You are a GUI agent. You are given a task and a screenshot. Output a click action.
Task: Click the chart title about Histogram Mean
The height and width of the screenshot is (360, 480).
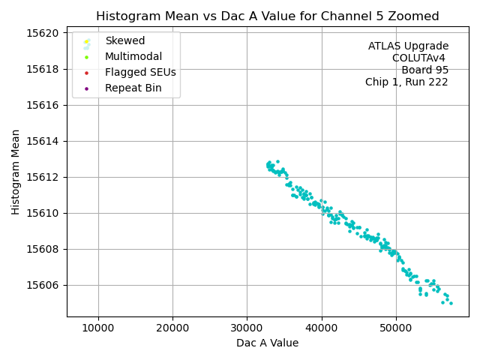click(x=267, y=16)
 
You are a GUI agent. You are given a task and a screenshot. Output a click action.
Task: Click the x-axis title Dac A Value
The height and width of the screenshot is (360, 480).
click(x=267, y=343)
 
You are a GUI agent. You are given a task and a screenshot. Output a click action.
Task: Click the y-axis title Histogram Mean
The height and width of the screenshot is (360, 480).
click(x=16, y=172)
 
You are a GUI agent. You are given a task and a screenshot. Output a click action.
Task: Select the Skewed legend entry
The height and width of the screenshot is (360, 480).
click(x=124, y=40)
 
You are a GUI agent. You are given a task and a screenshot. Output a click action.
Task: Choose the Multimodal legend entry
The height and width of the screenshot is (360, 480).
click(x=133, y=56)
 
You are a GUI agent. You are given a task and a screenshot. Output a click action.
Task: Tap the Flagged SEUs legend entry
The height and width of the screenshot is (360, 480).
click(x=140, y=73)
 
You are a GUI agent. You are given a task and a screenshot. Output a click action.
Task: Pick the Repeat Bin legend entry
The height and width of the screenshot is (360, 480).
click(x=133, y=88)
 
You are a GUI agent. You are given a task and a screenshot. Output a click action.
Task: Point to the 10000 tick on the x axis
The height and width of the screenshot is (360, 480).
click(x=98, y=328)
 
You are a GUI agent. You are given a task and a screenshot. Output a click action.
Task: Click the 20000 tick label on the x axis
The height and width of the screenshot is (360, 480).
click(x=172, y=328)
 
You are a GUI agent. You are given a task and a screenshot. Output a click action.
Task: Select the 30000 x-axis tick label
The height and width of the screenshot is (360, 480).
click(x=247, y=328)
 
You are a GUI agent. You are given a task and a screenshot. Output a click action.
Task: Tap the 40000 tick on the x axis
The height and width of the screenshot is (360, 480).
click(x=322, y=328)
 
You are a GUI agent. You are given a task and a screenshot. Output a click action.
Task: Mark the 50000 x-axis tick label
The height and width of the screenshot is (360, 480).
click(x=396, y=328)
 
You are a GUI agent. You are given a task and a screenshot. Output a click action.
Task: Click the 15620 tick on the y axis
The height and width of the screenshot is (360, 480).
click(x=44, y=33)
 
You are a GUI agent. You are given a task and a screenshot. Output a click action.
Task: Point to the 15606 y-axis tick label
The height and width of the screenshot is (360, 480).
click(x=44, y=285)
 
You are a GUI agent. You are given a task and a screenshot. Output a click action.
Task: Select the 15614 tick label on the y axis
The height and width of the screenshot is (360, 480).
click(x=44, y=141)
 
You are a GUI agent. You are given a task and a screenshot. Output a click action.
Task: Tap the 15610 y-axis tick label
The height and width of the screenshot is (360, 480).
click(x=44, y=213)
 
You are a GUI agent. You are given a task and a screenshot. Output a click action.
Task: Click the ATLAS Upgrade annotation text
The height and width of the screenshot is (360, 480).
click(x=408, y=46)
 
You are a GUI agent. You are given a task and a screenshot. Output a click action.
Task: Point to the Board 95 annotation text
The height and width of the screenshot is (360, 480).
click(x=424, y=70)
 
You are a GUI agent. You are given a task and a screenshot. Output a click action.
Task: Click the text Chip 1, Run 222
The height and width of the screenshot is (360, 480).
click(x=406, y=82)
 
